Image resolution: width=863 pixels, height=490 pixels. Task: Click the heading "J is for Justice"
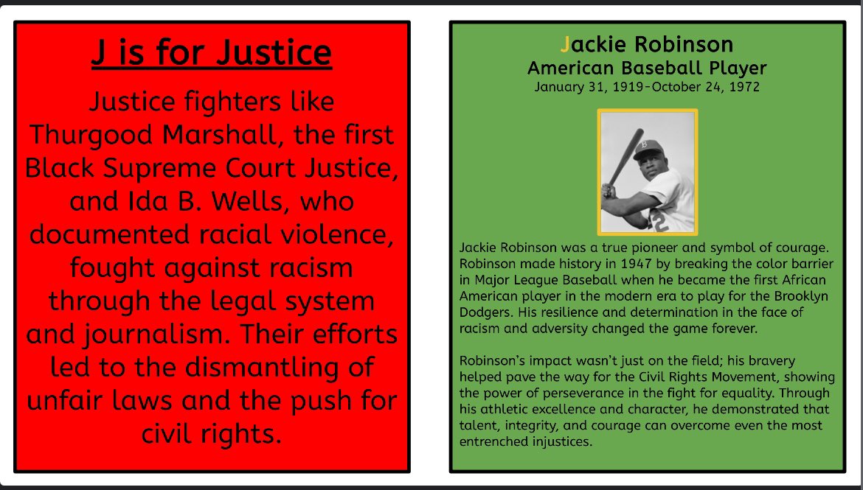point(212,53)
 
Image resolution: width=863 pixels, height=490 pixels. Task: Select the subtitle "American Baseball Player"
point(647,69)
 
